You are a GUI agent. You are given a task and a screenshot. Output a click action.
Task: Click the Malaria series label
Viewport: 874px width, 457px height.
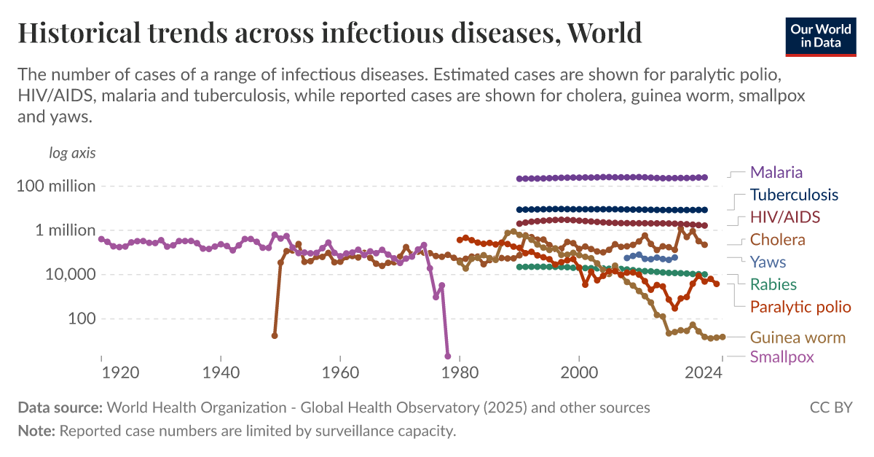point(776,173)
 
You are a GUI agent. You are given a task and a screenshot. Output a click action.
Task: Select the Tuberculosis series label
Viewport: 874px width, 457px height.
point(794,195)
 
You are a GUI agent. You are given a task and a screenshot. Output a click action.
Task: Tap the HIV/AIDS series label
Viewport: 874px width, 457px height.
point(785,217)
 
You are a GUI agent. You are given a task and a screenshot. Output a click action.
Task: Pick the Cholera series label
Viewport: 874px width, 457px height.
point(777,240)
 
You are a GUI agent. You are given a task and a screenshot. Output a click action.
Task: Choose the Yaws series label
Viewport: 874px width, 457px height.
point(768,262)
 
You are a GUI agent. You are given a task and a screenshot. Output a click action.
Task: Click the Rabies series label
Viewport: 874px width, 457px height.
point(773,284)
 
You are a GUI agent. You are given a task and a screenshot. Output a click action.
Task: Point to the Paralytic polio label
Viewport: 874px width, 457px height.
point(800,306)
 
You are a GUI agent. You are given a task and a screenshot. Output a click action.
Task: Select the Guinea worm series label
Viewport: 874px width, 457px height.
point(798,337)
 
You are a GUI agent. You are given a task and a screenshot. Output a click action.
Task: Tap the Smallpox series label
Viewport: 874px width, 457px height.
point(782,357)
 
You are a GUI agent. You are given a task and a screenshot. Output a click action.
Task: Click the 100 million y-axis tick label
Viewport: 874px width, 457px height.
point(56,186)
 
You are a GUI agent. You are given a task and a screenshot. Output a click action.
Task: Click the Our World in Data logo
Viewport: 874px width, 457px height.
point(820,36)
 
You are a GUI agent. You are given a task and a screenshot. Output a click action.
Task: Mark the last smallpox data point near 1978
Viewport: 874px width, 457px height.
point(447,356)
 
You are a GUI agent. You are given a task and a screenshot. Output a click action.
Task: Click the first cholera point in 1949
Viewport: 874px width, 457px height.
point(275,336)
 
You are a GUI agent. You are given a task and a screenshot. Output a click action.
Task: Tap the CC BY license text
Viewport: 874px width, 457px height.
point(830,407)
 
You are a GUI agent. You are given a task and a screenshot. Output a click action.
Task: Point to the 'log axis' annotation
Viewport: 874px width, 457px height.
point(71,153)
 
